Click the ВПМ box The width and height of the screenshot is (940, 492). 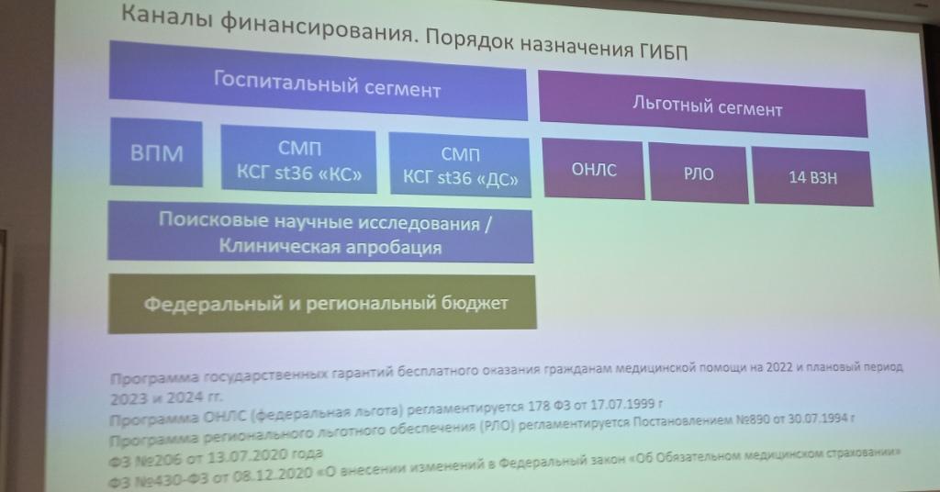156,152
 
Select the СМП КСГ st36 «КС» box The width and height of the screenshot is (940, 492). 298,159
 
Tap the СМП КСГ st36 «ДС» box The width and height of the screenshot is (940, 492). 460,165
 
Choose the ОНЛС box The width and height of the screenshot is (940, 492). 594,169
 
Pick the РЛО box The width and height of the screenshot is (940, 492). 699,173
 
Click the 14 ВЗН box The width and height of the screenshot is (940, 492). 812,177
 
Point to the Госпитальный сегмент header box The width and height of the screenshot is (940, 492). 318,81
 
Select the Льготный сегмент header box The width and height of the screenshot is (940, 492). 703,105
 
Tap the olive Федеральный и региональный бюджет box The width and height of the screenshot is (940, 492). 322,303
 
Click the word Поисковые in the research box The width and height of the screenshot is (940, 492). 213,220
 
